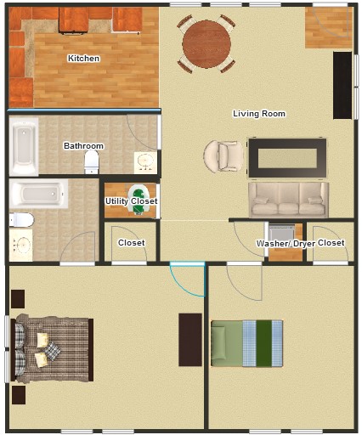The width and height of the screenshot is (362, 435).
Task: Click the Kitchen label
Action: point(83,59)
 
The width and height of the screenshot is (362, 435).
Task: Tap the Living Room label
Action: point(259,114)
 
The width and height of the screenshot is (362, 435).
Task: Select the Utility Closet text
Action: point(131,201)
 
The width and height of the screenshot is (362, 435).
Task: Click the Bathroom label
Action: point(83,145)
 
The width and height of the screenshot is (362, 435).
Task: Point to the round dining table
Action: point(206,44)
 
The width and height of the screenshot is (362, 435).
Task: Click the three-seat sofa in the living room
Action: point(288,200)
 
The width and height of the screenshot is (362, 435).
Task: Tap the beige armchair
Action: point(223,156)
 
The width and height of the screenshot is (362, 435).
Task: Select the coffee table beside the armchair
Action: point(287,158)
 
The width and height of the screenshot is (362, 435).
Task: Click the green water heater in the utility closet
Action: point(139,198)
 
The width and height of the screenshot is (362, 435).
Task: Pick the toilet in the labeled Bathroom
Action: point(91,161)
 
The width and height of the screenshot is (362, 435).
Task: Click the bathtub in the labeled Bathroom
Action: point(24,147)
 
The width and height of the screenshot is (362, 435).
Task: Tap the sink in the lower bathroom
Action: point(20,245)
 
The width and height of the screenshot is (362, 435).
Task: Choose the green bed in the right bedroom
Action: point(246,343)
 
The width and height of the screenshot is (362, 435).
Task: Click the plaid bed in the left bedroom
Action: point(52,349)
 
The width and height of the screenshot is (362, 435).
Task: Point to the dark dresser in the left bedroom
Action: point(190,340)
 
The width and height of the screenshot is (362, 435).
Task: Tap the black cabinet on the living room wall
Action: point(342,85)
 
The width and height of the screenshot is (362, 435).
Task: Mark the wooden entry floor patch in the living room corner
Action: point(329,27)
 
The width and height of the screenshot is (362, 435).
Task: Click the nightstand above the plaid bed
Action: point(18,299)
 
